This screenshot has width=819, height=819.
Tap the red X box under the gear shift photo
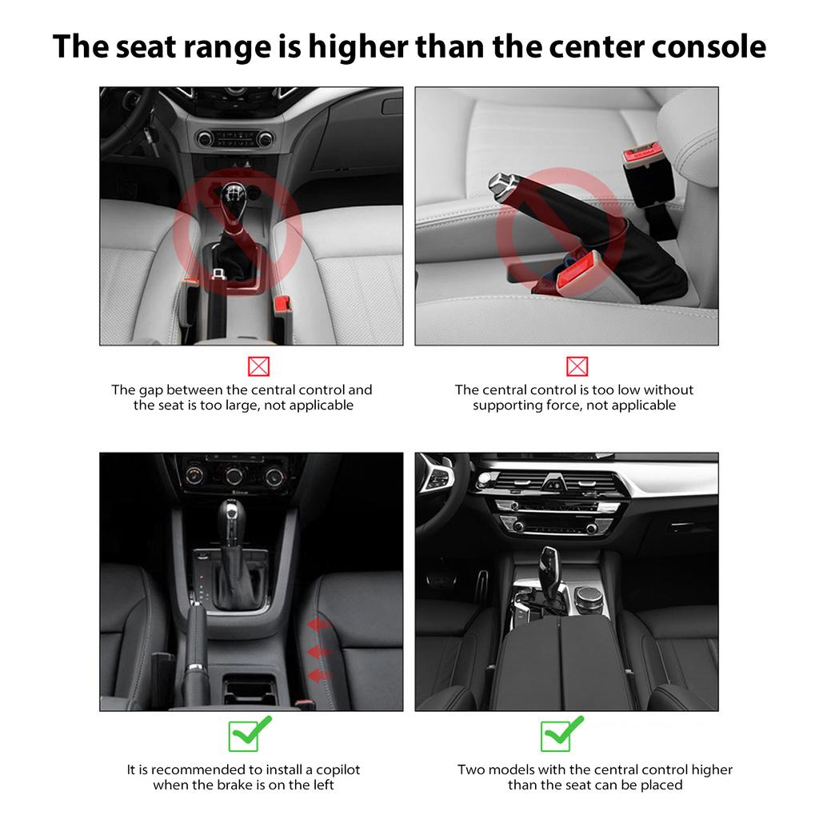point(258,366)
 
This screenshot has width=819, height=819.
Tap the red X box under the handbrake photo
point(577,366)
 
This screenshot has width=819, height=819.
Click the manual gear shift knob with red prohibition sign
point(233,201)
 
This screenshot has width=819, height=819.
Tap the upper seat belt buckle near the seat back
point(640,157)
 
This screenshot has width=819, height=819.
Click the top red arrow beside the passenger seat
point(318,624)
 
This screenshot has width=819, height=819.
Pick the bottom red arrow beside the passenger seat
point(318,677)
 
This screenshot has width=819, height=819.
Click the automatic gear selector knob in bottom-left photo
point(231,517)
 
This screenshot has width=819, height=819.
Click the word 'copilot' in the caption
point(338,770)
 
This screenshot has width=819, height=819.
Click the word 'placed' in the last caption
point(661,785)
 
